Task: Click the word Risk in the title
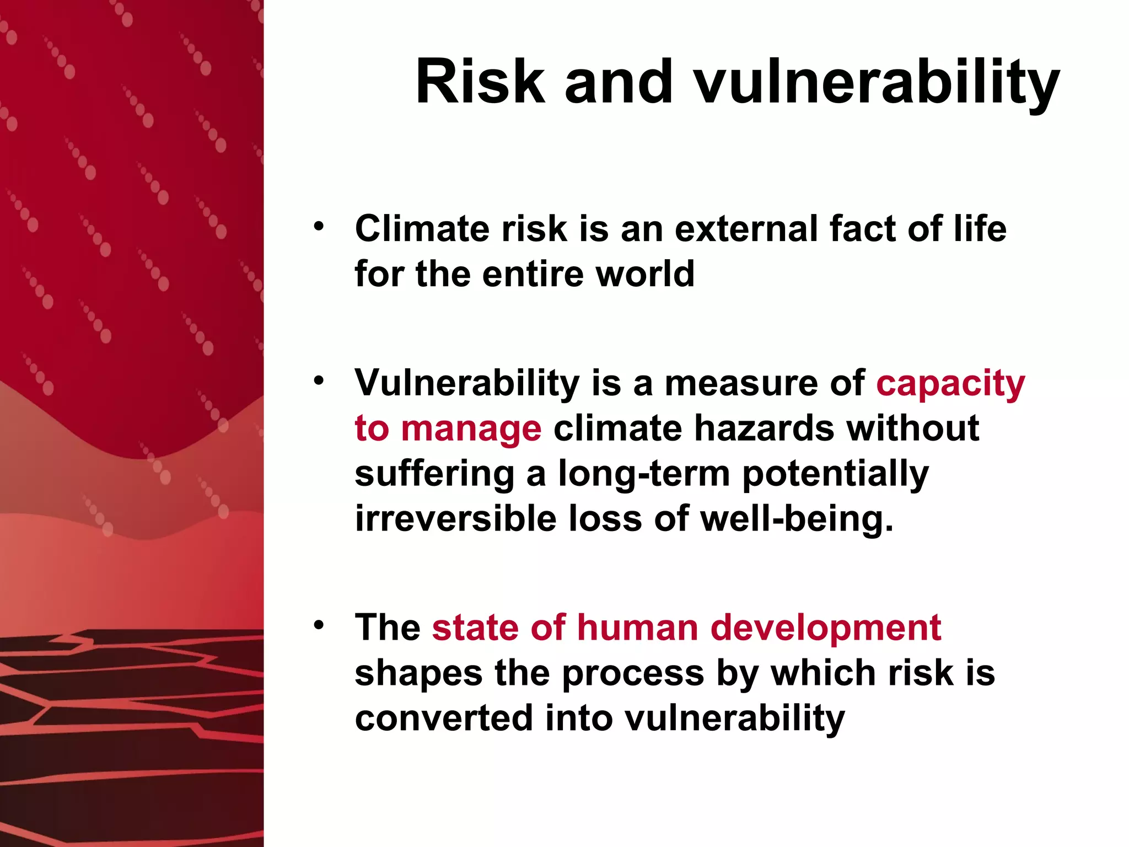(480, 82)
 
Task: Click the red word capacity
(950, 384)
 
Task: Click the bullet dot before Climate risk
(318, 226)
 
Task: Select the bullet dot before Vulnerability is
(318, 380)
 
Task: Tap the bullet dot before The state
(318, 625)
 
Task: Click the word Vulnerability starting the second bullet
(467, 384)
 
